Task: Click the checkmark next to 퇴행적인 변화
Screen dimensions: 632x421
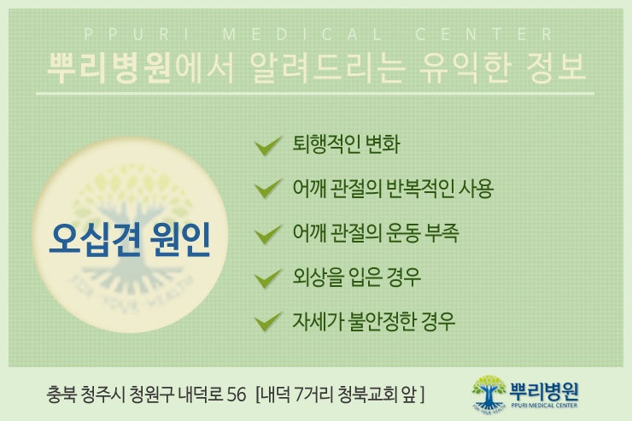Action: click(x=267, y=145)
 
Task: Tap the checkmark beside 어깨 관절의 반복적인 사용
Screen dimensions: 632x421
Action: click(x=267, y=189)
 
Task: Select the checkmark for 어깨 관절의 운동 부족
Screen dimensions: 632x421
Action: click(x=267, y=234)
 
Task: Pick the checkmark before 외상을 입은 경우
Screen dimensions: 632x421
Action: click(x=267, y=278)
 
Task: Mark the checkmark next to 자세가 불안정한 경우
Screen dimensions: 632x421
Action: click(x=267, y=322)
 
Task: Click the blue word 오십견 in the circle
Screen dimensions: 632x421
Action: click(x=95, y=239)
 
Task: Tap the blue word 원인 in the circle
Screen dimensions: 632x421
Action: click(x=180, y=239)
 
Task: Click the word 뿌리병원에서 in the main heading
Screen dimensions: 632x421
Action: click(x=140, y=67)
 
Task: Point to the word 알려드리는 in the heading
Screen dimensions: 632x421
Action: click(x=327, y=67)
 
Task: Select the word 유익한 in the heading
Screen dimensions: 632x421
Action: click(x=465, y=67)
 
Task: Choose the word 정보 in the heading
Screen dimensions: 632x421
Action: click(x=556, y=67)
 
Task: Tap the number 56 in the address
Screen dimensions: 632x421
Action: click(x=237, y=395)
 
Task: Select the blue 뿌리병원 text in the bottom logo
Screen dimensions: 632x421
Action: click(x=544, y=390)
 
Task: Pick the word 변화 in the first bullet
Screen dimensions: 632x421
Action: click(x=382, y=144)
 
